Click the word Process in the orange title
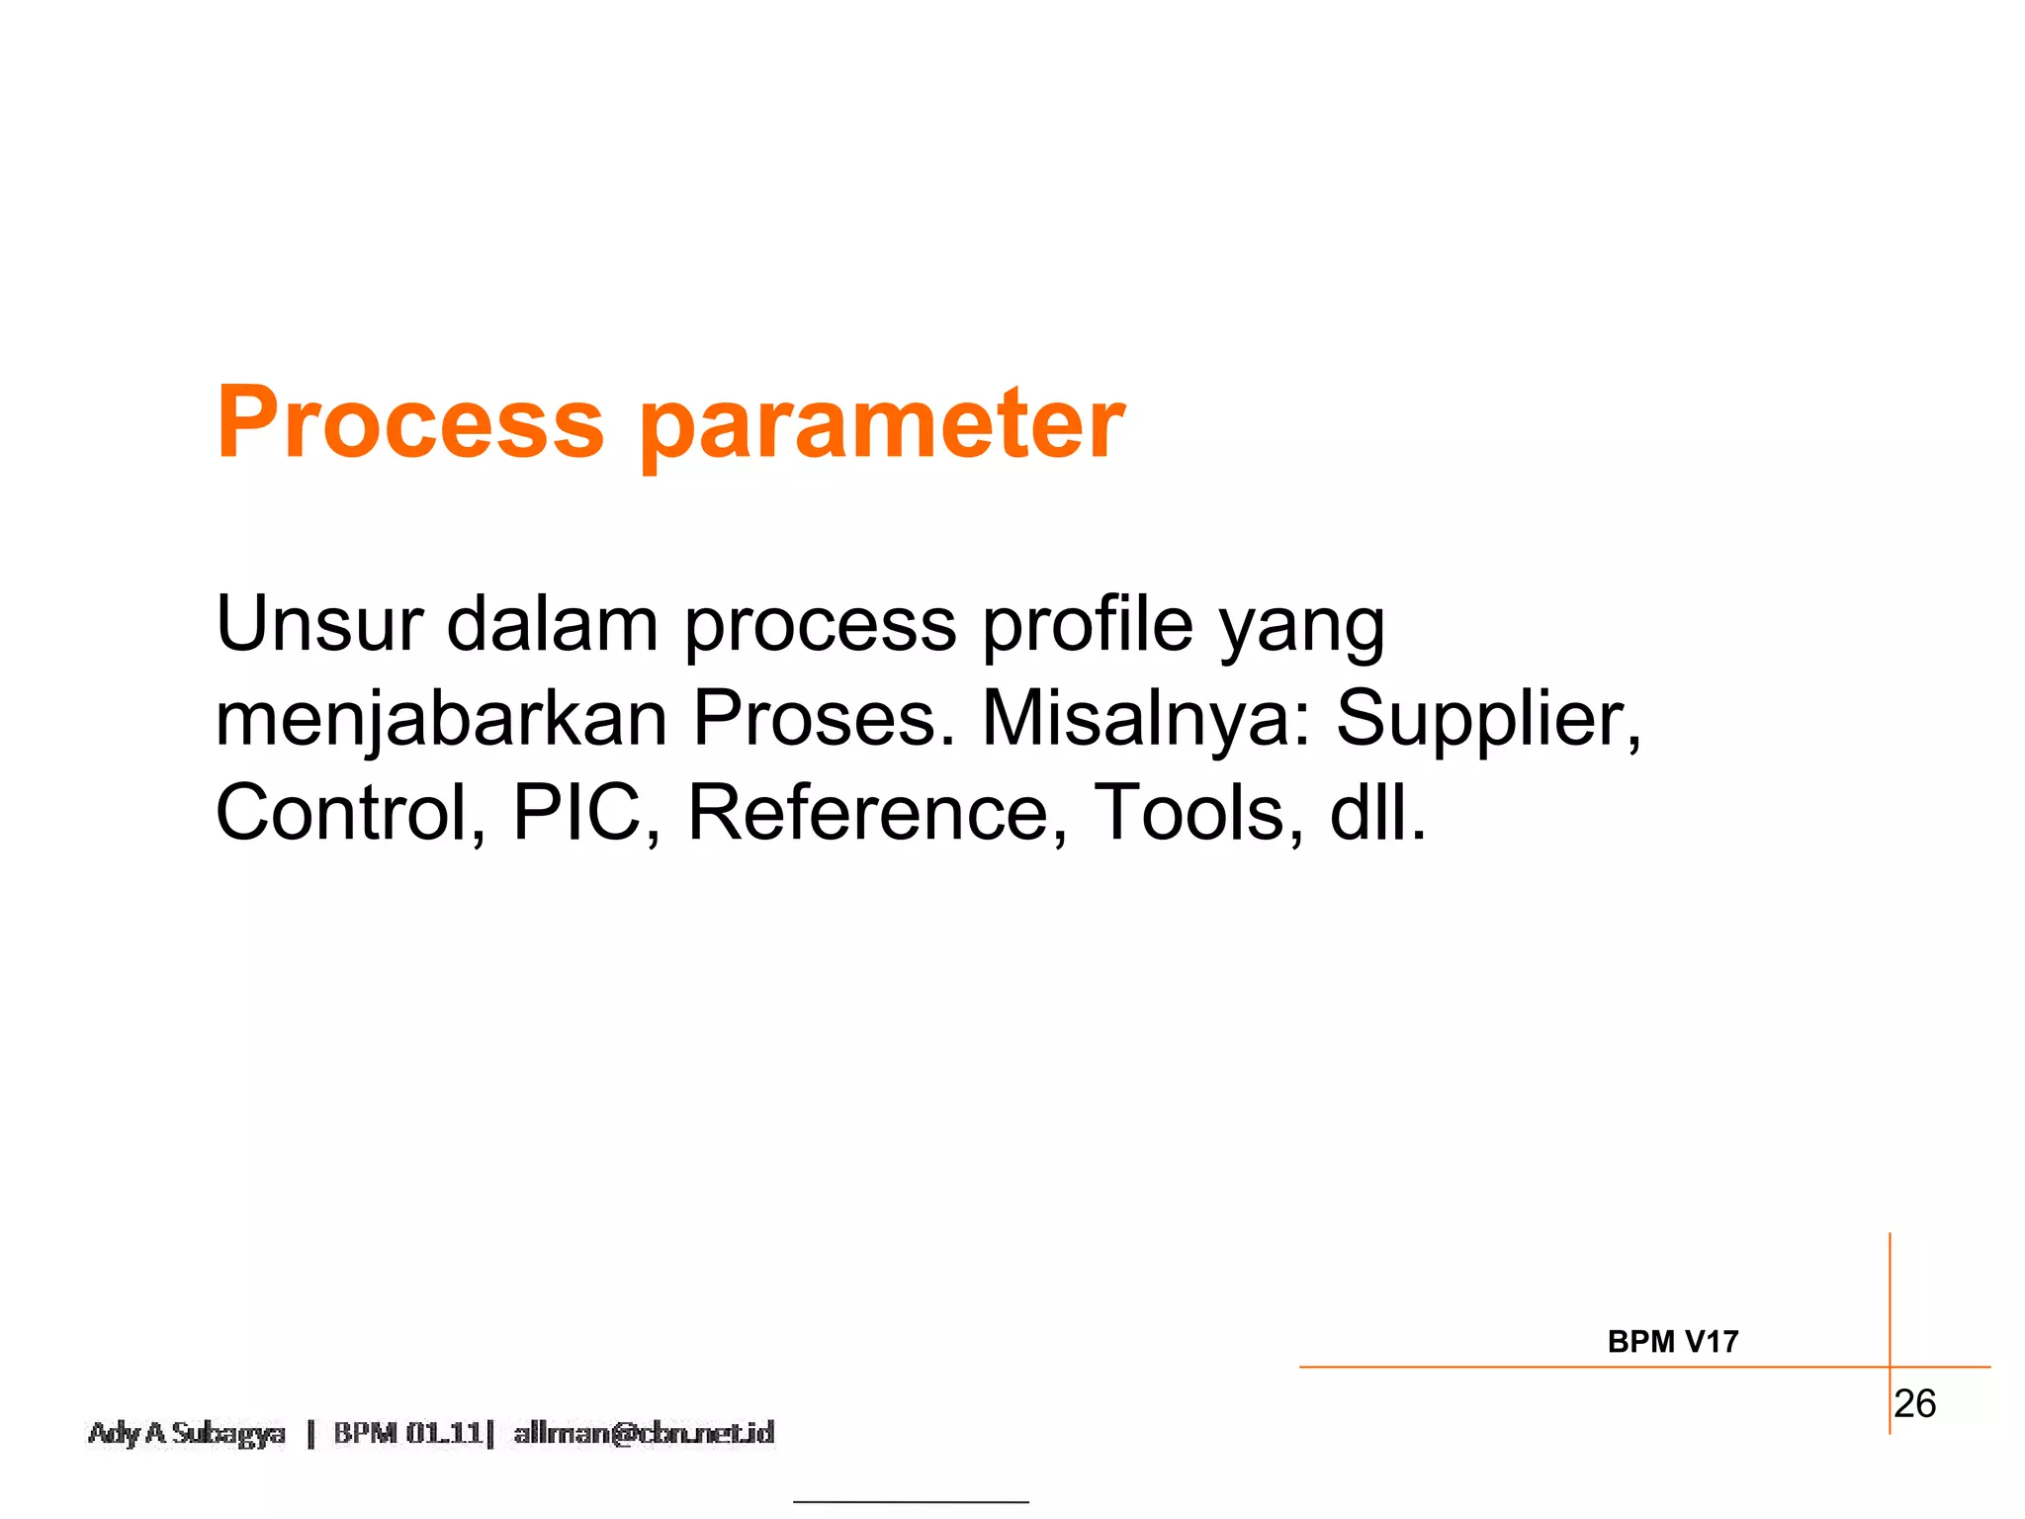(x=409, y=422)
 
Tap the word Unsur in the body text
(x=318, y=624)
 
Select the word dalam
(x=552, y=624)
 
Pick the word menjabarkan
(x=441, y=721)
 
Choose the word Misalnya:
(x=1150, y=721)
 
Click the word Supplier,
(x=1489, y=721)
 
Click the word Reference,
(x=878, y=814)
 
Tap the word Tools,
(x=1198, y=814)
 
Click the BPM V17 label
(x=1672, y=1342)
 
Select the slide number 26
(x=1914, y=1404)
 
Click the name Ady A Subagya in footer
(x=187, y=1433)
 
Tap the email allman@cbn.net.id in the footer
(x=644, y=1433)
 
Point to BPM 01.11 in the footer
(x=407, y=1433)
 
